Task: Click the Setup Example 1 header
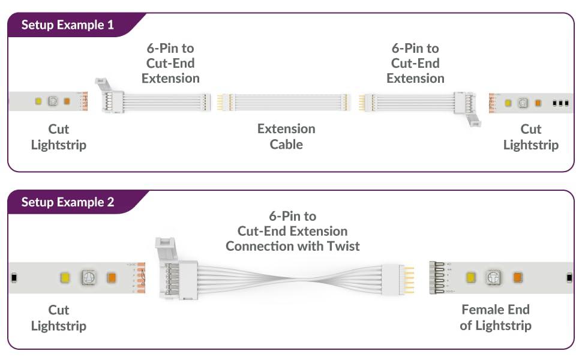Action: [68, 25]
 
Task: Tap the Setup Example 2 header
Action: [68, 202]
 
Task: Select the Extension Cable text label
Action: [286, 136]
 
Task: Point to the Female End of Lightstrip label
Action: [496, 317]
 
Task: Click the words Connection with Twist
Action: [292, 246]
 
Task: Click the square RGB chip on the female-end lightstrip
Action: [493, 277]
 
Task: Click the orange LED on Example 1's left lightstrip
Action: [67, 101]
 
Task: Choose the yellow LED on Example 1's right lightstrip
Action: [508, 103]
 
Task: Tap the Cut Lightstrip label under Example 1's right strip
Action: [530, 137]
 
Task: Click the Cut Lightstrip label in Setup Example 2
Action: [59, 317]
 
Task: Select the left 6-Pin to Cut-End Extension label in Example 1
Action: [170, 63]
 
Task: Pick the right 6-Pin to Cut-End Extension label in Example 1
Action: [415, 63]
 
